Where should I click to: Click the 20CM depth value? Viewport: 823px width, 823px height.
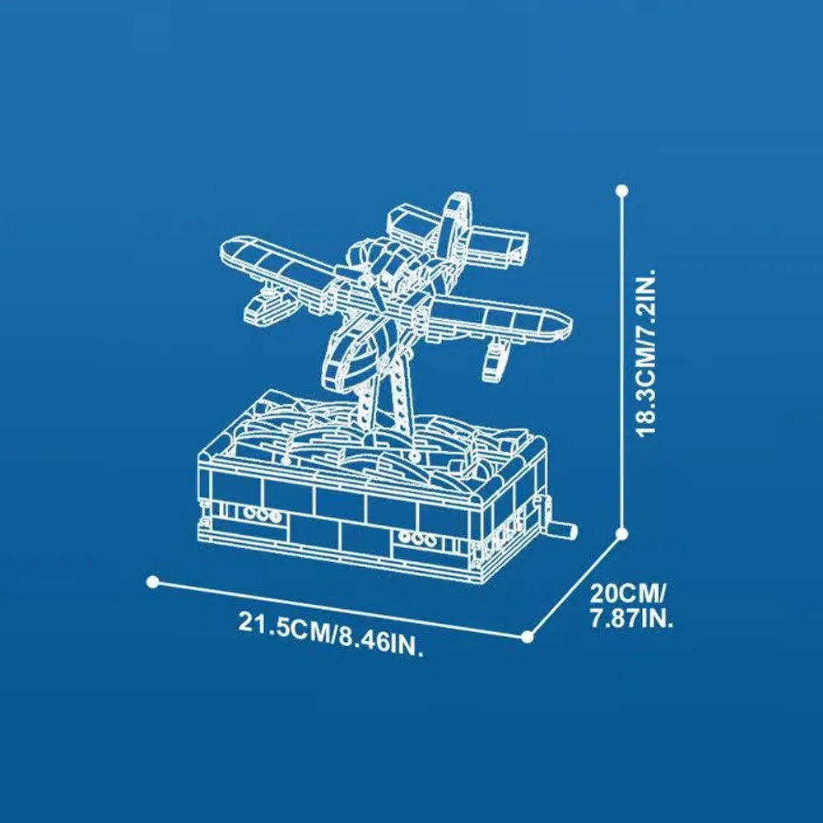(627, 593)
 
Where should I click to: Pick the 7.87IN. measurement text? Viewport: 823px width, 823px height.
(631, 619)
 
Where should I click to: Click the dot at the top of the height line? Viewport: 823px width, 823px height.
(622, 191)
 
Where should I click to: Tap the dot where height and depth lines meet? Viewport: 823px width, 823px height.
(622, 534)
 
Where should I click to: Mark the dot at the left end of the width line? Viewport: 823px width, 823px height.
(153, 582)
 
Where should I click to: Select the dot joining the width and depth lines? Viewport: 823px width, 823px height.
(528, 637)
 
